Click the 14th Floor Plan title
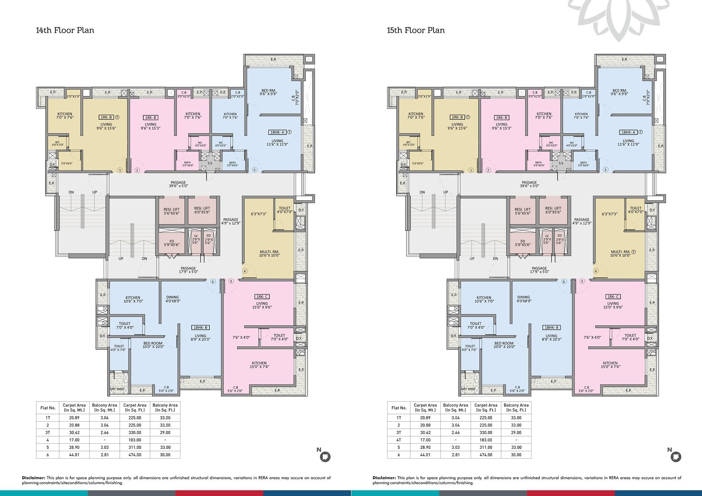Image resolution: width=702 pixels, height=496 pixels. click(x=65, y=30)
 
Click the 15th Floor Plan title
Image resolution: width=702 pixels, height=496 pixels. click(x=416, y=30)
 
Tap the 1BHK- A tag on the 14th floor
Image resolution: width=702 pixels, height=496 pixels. click(x=277, y=132)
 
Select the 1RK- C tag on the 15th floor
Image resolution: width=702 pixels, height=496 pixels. click(x=613, y=297)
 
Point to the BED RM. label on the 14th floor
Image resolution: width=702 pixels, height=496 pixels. click(x=268, y=91)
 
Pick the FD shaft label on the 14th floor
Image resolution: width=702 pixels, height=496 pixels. click(x=171, y=241)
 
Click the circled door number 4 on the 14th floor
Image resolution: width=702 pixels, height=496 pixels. click(x=245, y=271)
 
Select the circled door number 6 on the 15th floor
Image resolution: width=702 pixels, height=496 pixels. click(x=564, y=282)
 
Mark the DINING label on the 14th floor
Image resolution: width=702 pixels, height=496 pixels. click(x=172, y=297)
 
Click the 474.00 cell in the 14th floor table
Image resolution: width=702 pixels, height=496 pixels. click(x=135, y=455)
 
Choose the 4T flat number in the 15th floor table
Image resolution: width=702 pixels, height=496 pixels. click(x=399, y=440)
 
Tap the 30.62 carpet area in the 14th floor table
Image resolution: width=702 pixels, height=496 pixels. click(x=74, y=433)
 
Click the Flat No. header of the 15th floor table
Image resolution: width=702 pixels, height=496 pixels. click(x=399, y=408)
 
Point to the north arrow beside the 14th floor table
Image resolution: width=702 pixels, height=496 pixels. click(x=325, y=457)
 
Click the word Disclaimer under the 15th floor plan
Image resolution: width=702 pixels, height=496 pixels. click(x=384, y=478)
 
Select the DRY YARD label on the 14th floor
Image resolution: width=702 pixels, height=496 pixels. click(x=117, y=389)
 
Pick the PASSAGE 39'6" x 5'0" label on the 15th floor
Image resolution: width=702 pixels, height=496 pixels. click(x=529, y=184)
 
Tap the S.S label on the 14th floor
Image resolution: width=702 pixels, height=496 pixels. click(x=210, y=163)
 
